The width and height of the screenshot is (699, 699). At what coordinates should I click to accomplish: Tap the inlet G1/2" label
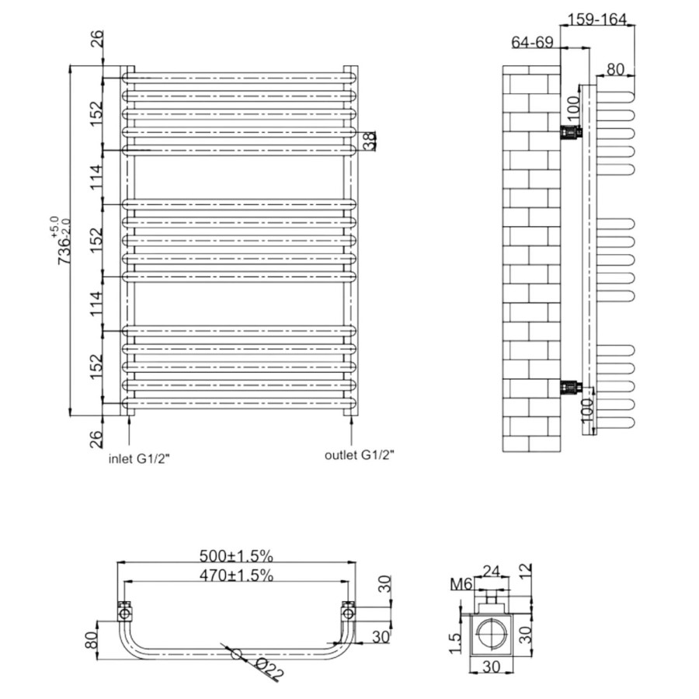(x=139, y=459)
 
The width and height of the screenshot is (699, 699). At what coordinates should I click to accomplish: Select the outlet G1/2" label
(x=360, y=455)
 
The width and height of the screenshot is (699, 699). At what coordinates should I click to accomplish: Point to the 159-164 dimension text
(x=597, y=19)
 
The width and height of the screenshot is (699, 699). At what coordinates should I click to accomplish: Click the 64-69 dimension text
(x=532, y=43)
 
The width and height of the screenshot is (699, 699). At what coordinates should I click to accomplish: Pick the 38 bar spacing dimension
(x=370, y=141)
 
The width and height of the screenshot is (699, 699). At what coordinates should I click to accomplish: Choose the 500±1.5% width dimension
(x=236, y=556)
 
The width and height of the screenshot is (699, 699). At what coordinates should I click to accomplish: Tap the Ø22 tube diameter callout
(x=270, y=669)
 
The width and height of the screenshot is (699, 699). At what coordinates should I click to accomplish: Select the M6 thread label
(x=461, y=584)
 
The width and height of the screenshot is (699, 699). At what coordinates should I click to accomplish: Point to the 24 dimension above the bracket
(x=492, y=571)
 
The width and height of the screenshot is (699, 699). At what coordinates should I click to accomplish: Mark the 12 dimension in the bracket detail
(x=526, y=570)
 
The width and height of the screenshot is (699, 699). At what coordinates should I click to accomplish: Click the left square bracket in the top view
(x=124, y=613)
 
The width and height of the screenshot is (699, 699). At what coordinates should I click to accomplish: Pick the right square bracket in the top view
(x=348, y=612)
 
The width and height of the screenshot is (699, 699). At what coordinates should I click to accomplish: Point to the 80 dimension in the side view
(x=615, y=70)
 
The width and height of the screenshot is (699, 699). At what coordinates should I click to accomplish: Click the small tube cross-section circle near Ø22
(x=236, y=654)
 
